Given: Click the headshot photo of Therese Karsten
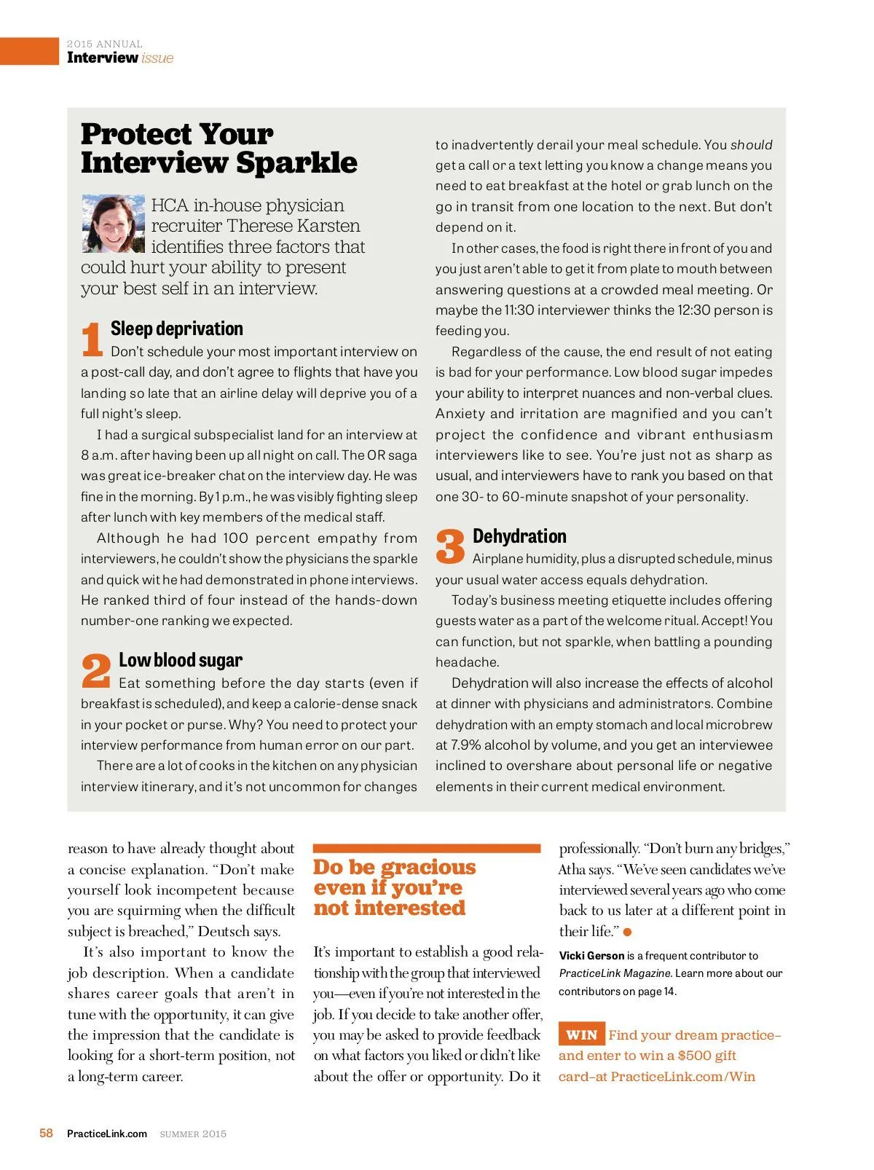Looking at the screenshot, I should click(114, 224).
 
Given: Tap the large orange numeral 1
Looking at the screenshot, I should click(92, 340).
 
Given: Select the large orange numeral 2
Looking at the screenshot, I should click(96, 671).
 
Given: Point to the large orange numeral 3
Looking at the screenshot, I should click(450, 547).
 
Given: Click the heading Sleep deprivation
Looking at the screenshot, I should click(177, 329).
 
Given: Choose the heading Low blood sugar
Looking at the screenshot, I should click(181, 660).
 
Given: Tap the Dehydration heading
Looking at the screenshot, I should click(519, 536).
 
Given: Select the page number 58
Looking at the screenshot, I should click(46, 1133).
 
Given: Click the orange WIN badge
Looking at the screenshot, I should click(581, 1034).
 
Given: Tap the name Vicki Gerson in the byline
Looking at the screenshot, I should click(591, 955).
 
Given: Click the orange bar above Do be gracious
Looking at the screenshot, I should click(427, 848).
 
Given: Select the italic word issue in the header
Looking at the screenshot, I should click(157, 58).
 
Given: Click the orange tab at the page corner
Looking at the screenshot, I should click(29, 51).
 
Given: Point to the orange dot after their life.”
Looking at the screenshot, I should click(628, 932).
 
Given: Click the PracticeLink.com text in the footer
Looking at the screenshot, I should click(107, 1134).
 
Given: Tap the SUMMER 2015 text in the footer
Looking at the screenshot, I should click(193, 1134).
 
